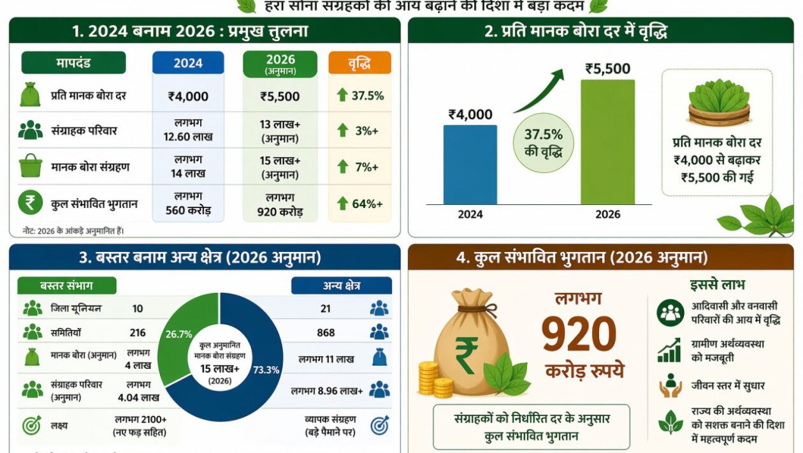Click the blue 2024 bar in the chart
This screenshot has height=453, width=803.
coord(470,165)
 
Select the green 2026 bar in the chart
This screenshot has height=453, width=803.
coord(607,142)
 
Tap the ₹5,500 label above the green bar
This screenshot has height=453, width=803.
coord(607,69)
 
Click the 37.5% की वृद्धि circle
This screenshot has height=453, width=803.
coord(543,144)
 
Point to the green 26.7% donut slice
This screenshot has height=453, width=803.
coord(185,338)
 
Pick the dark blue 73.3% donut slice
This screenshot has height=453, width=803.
coord(255,370)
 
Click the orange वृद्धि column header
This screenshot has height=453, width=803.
coord(359,63)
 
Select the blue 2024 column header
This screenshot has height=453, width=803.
coord(188,63)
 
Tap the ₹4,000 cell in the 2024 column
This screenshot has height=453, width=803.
coord(188,96)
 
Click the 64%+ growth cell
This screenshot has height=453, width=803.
coord(359,204)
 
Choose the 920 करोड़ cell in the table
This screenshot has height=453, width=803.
coord(280,204)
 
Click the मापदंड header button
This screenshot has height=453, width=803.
coord(73,63)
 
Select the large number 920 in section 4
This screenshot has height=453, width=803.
coord(579,334)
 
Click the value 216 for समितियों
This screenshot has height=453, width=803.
coord(137,332)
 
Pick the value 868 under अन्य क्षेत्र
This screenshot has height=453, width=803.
coord(326,332)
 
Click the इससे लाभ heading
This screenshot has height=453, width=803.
coord(717,285)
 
